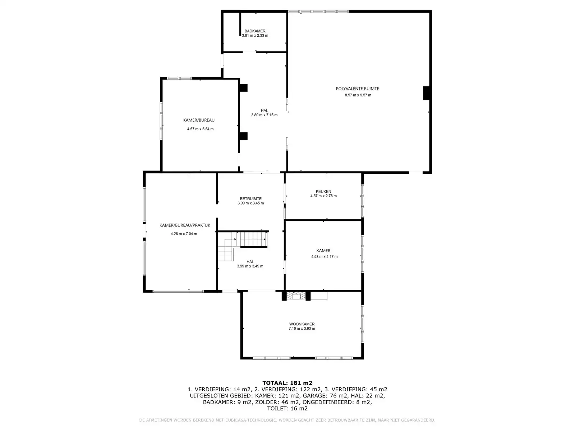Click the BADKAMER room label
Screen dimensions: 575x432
click(x=255, y=31)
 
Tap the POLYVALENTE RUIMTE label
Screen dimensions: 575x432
click(x=357, y=89)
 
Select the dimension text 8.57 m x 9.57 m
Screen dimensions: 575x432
click(x=358, y=95)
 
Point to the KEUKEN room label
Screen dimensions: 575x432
click(x=323, y=192)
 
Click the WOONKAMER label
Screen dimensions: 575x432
click(x=302, y=324)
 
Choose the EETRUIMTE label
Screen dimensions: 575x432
click(x=251, y=199)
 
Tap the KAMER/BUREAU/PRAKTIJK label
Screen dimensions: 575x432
click(x=185, y=225)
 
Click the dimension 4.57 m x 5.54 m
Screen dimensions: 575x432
click(x=200, y=129)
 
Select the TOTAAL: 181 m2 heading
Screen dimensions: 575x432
click(x=287, y=383)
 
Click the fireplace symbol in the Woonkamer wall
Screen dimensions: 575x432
click(x=296, y=296)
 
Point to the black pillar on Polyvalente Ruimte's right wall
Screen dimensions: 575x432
click(x=426, y=93)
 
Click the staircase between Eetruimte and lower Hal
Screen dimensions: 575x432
click(x=242, y=246)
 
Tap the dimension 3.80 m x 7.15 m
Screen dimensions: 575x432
click(x=264, y=115)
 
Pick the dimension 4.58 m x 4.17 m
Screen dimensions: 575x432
click(x=324, y=257)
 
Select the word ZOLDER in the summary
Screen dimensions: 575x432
click(x=266, y=402)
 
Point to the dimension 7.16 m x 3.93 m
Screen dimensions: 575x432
click(x=302, y=328)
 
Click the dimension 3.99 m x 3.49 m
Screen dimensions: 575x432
click(x=250, y=266)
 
